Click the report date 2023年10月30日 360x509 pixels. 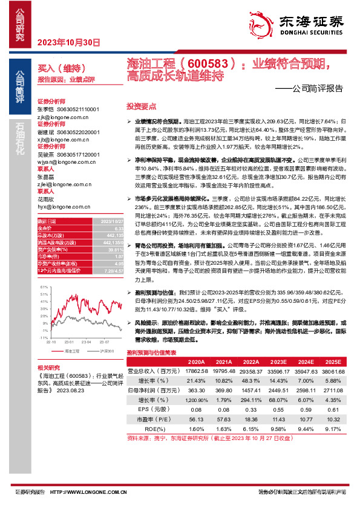[x=68, y=42]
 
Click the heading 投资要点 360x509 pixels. [x=140, y=105]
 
